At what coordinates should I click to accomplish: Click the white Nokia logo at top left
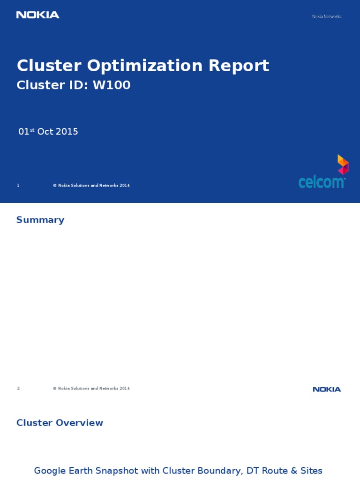[x=37, y=15]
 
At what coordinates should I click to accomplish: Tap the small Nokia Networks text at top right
[x=327, y=16]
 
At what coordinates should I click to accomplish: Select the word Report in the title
[x=239, y=66]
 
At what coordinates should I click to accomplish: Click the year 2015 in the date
[x=67, y=132]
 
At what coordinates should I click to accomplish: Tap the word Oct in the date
[x=45, y=132]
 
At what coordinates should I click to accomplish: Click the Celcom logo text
[x=322, y=181]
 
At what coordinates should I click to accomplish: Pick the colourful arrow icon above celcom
[x=343, y=165]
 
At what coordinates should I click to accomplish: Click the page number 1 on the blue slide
[x=18, y=186]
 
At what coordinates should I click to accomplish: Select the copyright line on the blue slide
[x=91, y=186]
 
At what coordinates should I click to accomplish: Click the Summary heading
[x=40, y=220]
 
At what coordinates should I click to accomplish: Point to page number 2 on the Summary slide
[x=18, y=389]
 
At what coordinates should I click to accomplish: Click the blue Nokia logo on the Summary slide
[x=327, y=390]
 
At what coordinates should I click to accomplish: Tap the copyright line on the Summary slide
[x=91, y=389]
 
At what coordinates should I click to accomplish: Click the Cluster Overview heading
[x=60, y=423]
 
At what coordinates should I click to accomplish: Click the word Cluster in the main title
[x=49, y=66]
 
